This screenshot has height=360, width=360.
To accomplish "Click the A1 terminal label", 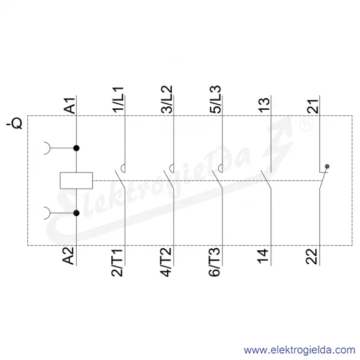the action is tap(70, 106).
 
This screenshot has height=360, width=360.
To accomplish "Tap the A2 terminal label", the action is tap(69, 256).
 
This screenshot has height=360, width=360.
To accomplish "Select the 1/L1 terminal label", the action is tap(118, 100).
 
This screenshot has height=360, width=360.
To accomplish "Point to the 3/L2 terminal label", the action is tap(167, 99).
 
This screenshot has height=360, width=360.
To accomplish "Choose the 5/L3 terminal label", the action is tap(215, 99).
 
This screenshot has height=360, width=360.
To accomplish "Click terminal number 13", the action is tap(264, 105).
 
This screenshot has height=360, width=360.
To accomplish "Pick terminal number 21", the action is tap(313, 106).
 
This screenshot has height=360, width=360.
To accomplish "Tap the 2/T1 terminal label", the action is tap(117, 263).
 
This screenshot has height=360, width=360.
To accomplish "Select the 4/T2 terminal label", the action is tap(166, 262).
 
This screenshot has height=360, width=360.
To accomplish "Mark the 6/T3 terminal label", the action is tap(215, 262).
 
